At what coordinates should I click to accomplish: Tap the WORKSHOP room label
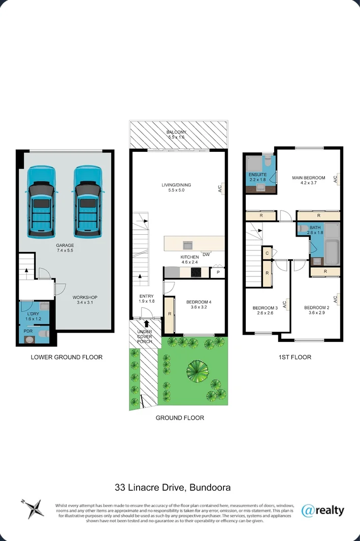[85, 298]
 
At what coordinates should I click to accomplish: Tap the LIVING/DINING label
[177, 185]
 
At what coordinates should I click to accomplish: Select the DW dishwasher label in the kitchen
[206, 254]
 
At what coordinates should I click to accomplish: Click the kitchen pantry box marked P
[218, 273]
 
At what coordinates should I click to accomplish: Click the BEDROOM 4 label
[195, 302]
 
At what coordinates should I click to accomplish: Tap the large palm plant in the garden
[196, 371]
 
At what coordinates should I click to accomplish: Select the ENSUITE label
[257, 175]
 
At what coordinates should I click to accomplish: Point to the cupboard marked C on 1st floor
[267, 252]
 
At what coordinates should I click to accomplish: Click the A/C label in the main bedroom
[335, 179]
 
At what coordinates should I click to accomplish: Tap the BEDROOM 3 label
[265, 308]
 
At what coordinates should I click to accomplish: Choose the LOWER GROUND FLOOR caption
[67, 357]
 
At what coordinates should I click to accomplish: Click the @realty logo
[322, 510]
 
